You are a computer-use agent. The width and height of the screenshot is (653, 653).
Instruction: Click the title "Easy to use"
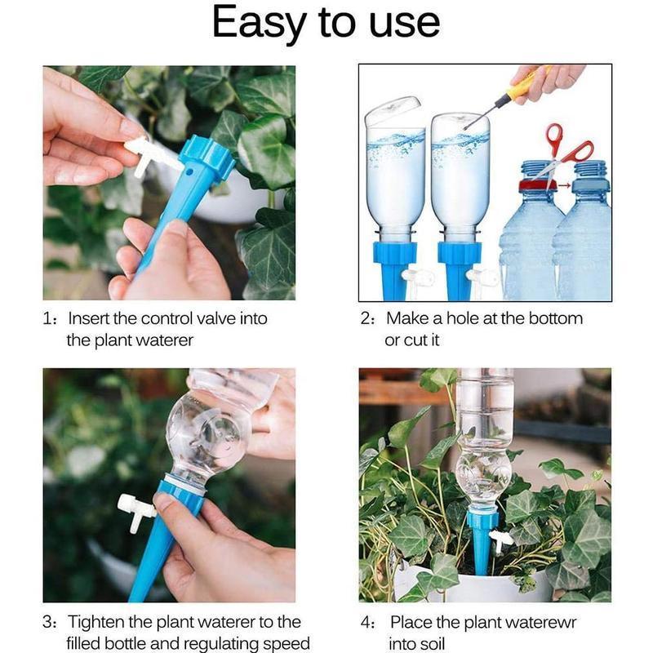326,24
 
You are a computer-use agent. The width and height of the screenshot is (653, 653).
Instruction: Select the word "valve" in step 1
205,318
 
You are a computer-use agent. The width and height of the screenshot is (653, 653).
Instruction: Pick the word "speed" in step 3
285,644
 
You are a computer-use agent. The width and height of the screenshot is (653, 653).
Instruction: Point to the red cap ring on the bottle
535,184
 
